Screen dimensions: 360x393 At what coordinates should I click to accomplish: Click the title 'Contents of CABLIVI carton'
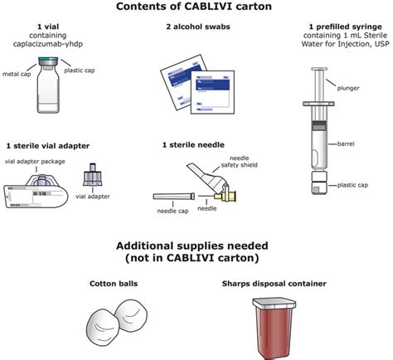coord(196,8)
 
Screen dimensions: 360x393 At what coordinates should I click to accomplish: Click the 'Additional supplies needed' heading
coord(196,249)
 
